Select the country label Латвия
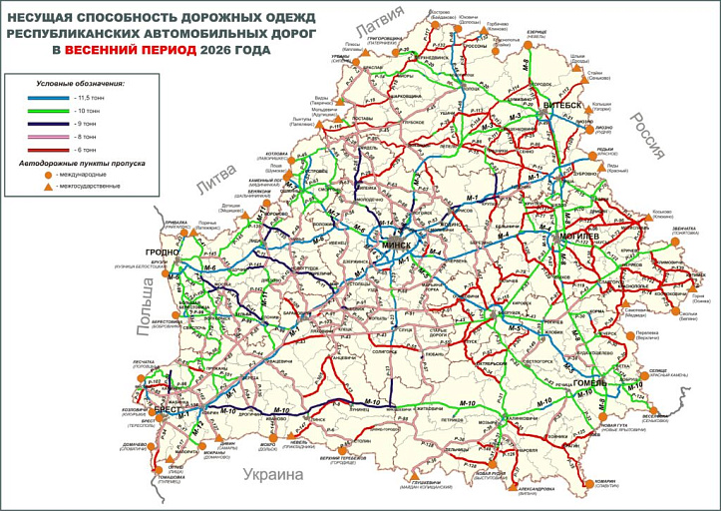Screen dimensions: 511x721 (383, 17)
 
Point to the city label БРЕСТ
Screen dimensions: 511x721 (167, 410)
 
